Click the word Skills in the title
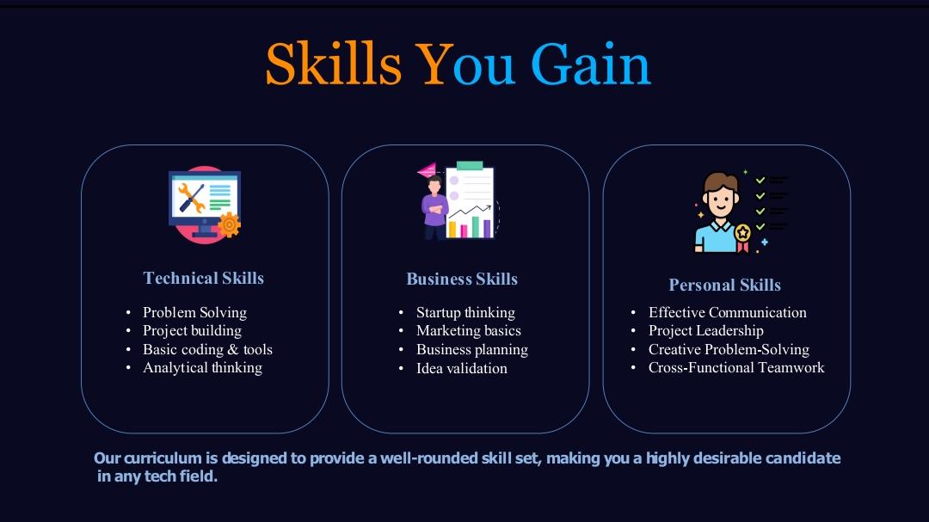(333, 64)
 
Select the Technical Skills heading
(204, 278)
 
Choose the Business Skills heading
(462, 279)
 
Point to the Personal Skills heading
(725, 285)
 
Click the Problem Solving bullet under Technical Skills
(194, 312)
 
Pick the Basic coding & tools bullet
(207, 349)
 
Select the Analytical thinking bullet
(202, 367)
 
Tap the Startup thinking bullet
(465, 312)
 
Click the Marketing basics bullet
(469, 330)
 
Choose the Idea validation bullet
(462, 368)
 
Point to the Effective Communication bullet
(728, 312)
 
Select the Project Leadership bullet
(706, 330)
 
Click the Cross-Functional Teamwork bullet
(736, 367)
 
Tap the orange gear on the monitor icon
(229, 225)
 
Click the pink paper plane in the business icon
(427, 170)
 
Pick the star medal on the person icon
(742, 232)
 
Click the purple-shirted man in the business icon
(434, 208)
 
